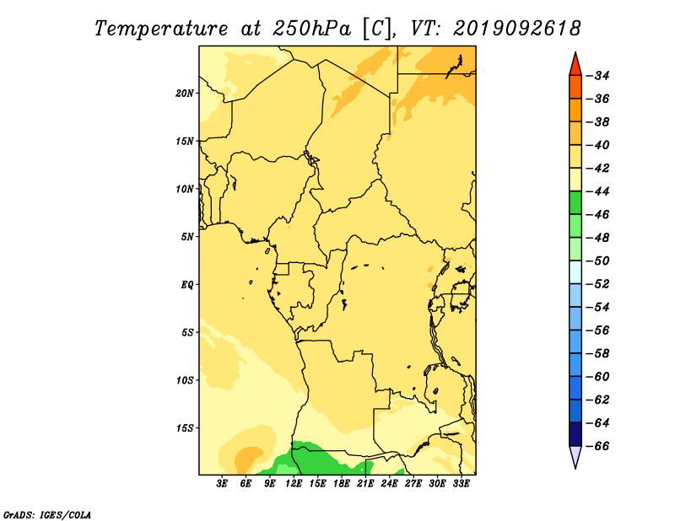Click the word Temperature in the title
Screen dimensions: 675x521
[x=161, y=30]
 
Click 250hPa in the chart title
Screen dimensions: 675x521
[x=311, y=29]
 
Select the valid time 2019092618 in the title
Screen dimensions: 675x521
[x=517, y=29]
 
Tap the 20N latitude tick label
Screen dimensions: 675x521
[x=185, y=94]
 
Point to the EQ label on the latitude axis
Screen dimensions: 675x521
[x=187, y=285]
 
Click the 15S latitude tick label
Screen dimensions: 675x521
[x=185, y=428]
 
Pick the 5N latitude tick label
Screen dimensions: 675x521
[x=187, y=237]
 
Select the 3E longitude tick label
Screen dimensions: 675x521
[x=222, y=484]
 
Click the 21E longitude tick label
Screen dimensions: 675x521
[x=365, y=484]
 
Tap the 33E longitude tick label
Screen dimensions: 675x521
[x=461, y=484]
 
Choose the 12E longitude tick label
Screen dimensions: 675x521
[x=294, y=484]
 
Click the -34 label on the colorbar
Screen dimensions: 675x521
[x=598, y=76]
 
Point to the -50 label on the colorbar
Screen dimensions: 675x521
[x=598, y=261]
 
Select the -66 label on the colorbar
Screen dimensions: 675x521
[x=598, y=446]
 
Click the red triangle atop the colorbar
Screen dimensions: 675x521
[x=575, y=66]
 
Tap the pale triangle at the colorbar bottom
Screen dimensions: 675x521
[x=575, y=455]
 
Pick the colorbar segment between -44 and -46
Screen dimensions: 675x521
[x=575, y=203]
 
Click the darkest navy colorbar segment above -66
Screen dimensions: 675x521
[x=575, y=434]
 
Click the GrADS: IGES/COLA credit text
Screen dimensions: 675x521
[x=47, y=515]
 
